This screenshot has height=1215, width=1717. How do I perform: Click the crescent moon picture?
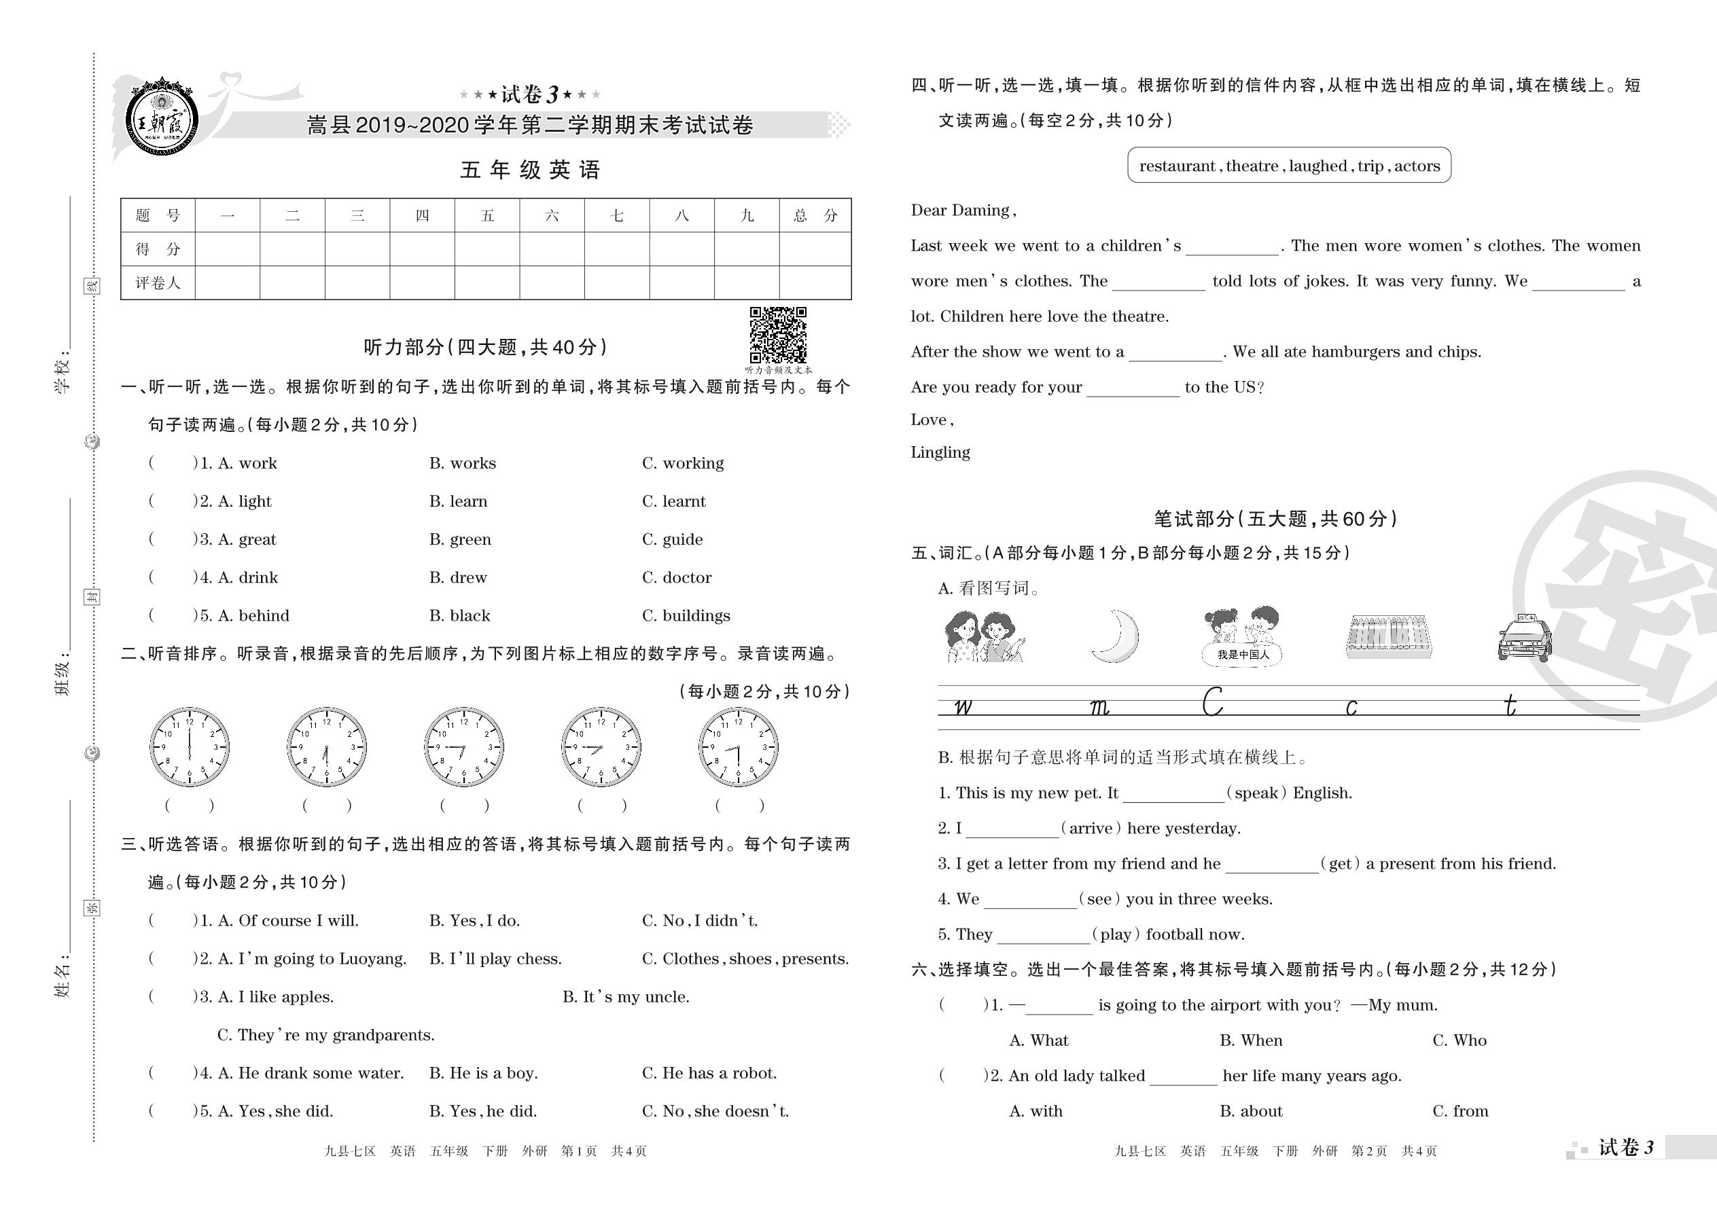point(1116,636)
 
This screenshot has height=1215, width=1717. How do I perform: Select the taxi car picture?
point(1525,638)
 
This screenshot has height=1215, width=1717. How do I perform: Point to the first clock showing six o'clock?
point(190,746)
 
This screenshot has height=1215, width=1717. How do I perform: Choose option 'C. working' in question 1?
point(683,463)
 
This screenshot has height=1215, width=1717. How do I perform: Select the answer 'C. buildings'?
point(686,616)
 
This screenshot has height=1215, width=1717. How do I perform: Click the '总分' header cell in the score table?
point(815,215)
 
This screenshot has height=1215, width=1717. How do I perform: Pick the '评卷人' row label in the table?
point(157,283)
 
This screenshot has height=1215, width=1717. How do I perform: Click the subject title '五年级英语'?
point(530,170)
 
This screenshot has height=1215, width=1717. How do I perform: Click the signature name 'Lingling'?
point(940,452)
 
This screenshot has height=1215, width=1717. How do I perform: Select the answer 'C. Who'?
point(1459,1040)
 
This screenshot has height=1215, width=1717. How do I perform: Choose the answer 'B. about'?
point(1251,1111)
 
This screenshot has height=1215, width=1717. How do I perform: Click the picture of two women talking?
point(983,636)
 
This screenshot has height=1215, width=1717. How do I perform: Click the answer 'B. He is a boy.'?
point(484,1073)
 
